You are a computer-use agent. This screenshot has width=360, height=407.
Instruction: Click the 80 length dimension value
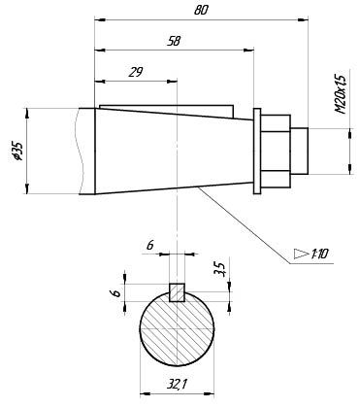(x=201, y=10)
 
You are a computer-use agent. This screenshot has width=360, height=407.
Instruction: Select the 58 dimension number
(x=174, y=41)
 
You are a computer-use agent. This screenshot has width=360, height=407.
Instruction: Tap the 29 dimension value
(x=135, y=72)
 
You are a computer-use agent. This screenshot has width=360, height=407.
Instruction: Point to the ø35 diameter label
(x=16, y=151)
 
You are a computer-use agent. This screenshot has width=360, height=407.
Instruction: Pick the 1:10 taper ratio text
(x=319, y=254)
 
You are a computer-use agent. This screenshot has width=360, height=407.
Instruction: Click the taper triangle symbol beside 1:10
(x=301, y=254)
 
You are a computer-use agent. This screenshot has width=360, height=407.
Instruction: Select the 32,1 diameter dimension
(x=177, y=385)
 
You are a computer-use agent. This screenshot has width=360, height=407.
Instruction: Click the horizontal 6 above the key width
(x=149, y=246)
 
